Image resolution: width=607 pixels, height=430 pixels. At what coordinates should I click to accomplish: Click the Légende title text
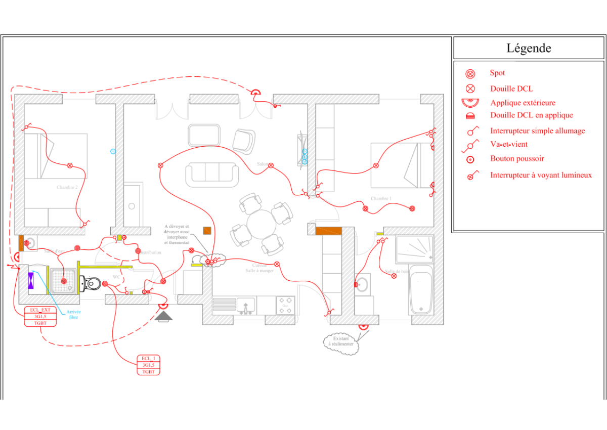[x=529, y=48]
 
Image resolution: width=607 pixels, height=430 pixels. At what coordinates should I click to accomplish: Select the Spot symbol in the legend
[x=470, y=74]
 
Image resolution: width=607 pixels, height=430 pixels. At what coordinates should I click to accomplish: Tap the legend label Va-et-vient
[x=509, y=144]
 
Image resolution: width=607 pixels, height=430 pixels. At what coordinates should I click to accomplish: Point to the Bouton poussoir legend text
[x=517, y=158]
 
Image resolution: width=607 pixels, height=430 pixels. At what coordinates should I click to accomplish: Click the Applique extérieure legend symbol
[x=470, y=103]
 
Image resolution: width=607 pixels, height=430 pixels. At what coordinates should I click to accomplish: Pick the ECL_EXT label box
[x=40, y=310]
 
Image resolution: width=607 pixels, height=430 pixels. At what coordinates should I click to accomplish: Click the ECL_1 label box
[x=148, y=359]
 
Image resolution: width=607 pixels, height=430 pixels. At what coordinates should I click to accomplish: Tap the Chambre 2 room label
[x=67, y=187]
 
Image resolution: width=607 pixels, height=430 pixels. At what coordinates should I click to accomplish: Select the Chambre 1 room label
[x=381, y=198]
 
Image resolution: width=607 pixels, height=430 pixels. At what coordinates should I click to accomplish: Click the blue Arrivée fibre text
[x=73, y=315]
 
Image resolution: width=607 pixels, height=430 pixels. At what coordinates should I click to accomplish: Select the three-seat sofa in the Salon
[x=212, y=175]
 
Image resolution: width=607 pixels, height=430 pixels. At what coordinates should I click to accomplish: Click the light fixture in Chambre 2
[x=70, y=165]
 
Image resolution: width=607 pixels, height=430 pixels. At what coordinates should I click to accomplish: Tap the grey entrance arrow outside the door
[x=164, y=317]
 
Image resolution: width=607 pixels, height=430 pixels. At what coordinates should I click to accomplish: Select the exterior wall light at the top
[x=256, y=93]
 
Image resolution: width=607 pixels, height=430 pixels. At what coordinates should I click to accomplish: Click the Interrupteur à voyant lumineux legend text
[x=541, y=175]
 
